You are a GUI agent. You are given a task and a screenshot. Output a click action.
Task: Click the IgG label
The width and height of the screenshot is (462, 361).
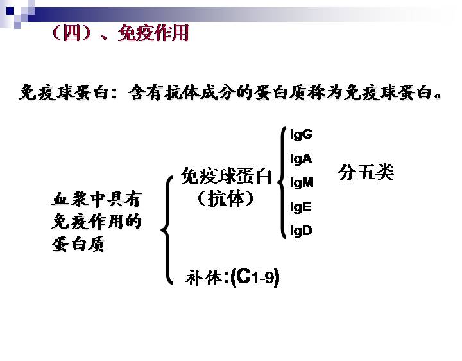pyautogui.click(x=301, y=134)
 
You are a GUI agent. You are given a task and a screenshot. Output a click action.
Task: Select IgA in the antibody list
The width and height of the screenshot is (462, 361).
pyautogui.click(x=301, y=159)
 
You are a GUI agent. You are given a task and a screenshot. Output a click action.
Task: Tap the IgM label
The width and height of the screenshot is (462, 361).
pyautogui.click(x=302, y=182)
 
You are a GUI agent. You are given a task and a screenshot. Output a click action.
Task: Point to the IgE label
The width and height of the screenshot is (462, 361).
pyautogui.click(x=300, y=207)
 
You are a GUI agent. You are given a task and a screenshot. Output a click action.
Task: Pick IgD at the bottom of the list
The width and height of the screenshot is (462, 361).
pyautogui.click(x=301, y=231)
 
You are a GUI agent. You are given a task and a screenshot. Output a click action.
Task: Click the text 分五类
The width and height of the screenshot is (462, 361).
pyautogui.click(x=366, y=172)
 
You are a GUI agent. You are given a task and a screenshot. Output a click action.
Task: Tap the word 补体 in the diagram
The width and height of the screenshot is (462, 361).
pyautogui.click(x=204, y=277)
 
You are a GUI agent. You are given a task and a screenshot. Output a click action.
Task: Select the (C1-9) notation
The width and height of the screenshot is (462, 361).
pyautogui.click(x=255, y=277)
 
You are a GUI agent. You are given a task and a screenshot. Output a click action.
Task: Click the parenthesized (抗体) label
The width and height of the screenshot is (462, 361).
pyautogui.click(x=226, y=198)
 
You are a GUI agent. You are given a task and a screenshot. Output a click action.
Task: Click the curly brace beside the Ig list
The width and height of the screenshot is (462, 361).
pyautogui.click(x=282, y=182)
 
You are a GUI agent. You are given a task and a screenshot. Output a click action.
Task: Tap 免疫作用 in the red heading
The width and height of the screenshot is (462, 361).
pyautogui.click(x=153, y=33)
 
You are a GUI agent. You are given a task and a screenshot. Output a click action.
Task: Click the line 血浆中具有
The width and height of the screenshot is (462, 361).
pyautogui.click(x=97, y=199)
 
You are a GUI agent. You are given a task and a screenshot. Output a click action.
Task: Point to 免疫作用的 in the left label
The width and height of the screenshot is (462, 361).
pyautogui.click(x=97, y=221)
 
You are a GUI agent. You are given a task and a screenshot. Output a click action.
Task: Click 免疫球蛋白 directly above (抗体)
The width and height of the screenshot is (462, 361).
pyautogui.click(x=226, y=176)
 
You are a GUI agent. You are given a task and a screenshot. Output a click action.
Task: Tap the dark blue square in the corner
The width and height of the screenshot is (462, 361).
pyautogui.click(x=10, y=11)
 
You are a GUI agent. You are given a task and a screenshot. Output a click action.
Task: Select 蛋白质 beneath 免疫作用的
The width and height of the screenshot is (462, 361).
pyautogui.click(x=78, y=244)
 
